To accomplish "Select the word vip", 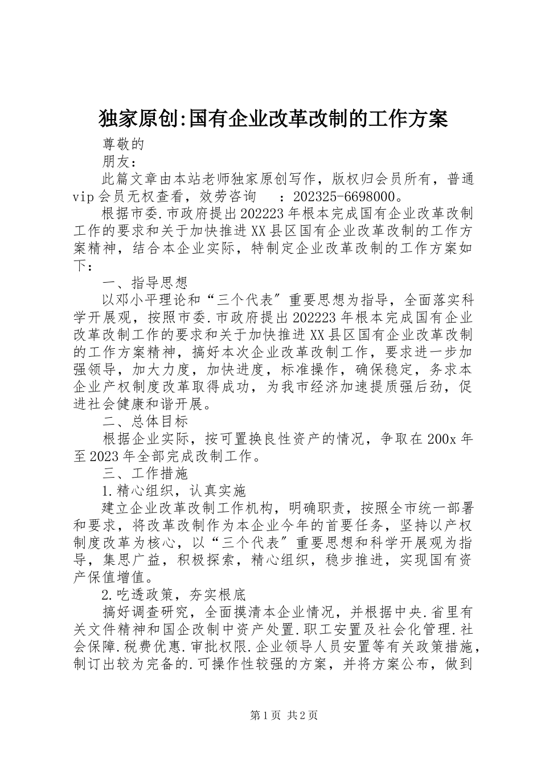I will click(x=84, y=198).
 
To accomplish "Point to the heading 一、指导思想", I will click(x=145, y=283).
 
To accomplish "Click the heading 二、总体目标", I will click(x=145, y=422).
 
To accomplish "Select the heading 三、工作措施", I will click(x=145, y=474).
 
